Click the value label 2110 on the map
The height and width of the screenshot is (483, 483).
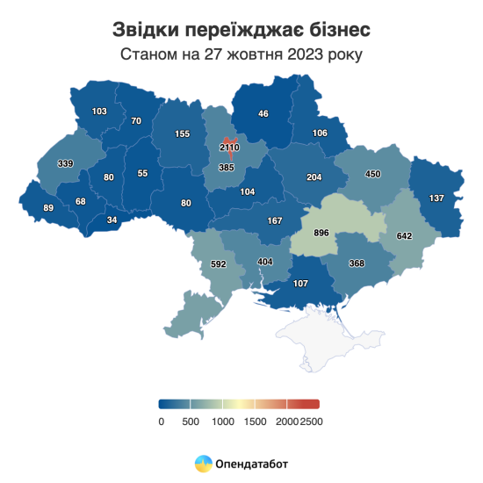point(229,148)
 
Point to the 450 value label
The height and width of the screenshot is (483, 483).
point(372,174)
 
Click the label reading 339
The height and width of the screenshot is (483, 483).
point(65,163)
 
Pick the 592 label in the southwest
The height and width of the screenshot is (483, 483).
point(219,263)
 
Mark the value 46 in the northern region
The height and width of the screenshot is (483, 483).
point(263,113)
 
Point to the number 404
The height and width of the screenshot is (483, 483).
point(264,262)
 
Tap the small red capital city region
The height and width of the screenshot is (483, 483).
point(229,141)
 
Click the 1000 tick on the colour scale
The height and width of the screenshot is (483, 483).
point(223,422)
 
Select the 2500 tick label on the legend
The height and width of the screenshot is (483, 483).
point(311,422)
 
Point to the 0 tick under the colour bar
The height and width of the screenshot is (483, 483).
point(161,422)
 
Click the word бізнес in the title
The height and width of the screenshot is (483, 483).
point(331,29)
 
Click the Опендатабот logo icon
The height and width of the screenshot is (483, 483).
point(203,462)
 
